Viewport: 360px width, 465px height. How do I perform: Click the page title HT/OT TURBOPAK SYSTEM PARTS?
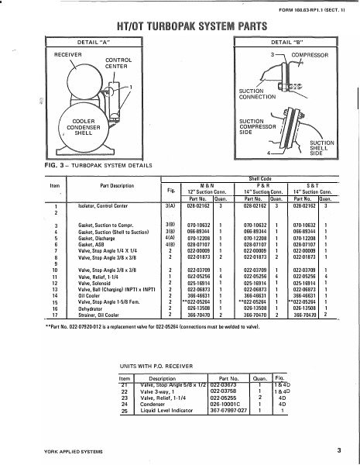click(180, 26)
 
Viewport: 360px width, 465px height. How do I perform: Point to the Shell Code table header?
click(256, 177)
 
